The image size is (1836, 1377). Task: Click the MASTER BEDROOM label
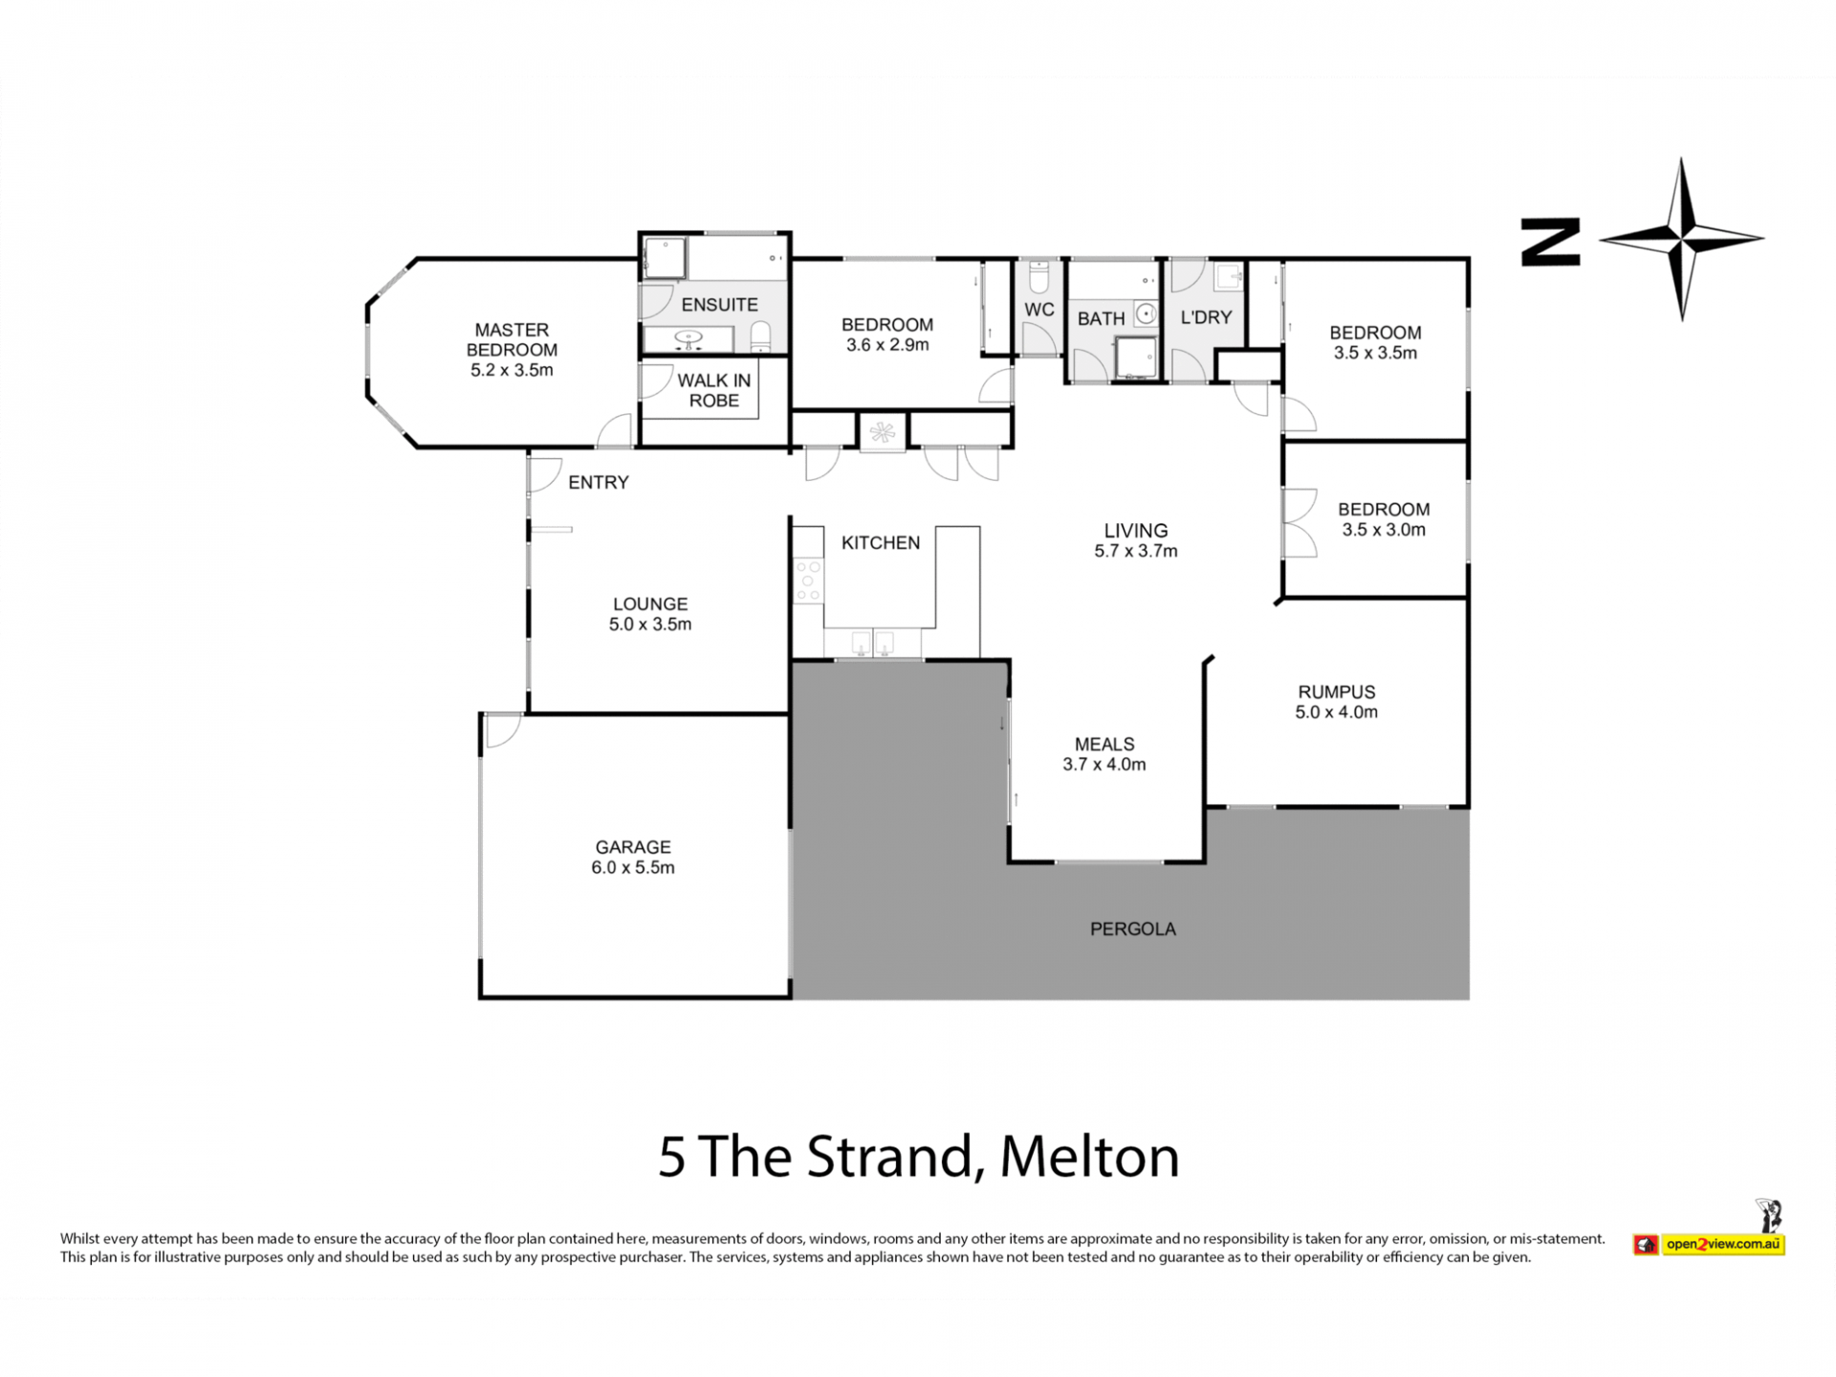click(512, 339)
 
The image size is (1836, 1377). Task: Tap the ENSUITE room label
click(719, 305)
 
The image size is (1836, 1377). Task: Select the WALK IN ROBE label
click(714, 390)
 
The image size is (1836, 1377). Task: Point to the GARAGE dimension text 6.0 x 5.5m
click(633, 867)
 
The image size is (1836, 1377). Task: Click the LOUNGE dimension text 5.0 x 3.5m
click(650, 624)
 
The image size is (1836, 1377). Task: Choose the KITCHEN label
click(881, 543)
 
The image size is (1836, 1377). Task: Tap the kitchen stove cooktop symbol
click(808, 579)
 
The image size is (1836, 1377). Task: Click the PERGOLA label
click(1133, 929)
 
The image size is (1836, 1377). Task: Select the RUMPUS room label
click(1336, 691)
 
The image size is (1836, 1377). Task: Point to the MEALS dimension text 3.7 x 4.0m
click(1104, 764)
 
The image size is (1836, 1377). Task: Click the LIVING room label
click(1136, 531)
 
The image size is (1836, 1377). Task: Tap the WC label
click(1039, 310)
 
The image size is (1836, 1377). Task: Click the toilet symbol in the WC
click(1039, 276)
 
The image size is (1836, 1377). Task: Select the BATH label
click(1101, 319)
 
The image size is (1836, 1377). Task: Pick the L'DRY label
click(1206, 317)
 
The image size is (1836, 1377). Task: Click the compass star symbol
click(1682, 239)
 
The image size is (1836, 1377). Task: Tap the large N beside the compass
click(1550, 242)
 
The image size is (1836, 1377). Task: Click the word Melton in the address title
click(1090, 1157)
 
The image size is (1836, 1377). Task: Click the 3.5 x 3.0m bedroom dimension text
click(1384, 530)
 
